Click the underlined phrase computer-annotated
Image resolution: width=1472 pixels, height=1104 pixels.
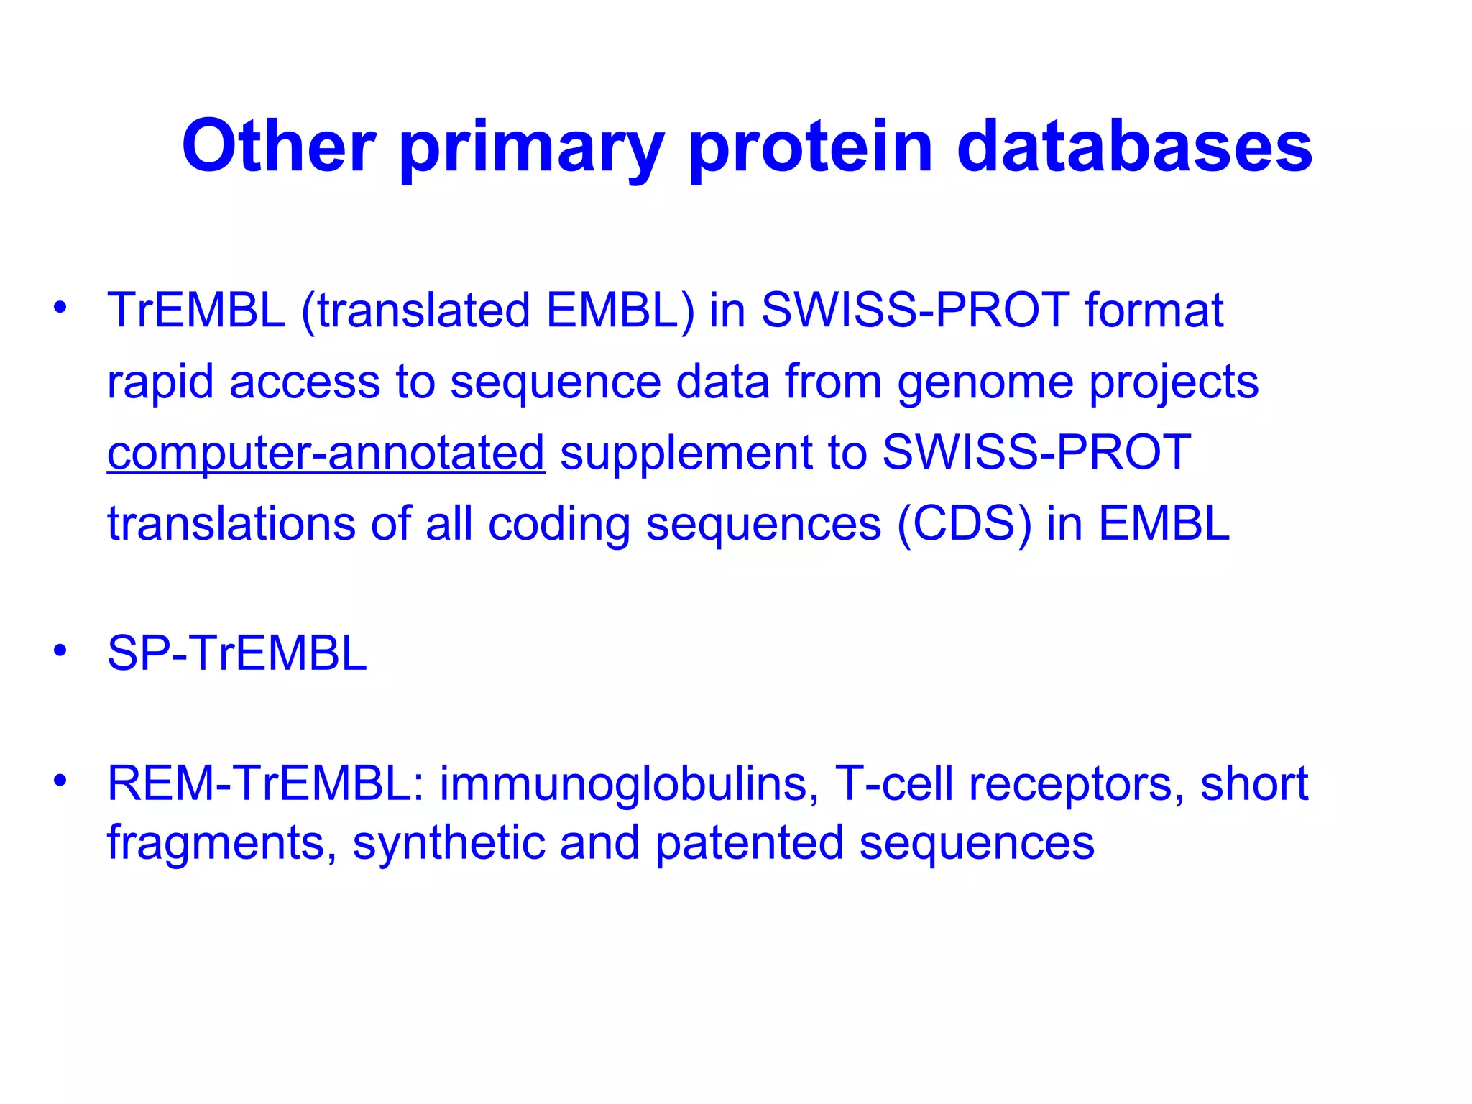pos(326,453)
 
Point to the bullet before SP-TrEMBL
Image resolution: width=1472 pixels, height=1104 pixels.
pos(60,650)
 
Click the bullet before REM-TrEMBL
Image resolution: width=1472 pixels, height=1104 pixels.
pos(60,780)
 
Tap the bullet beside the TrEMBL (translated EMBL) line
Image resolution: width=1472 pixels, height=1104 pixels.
pos(60,307)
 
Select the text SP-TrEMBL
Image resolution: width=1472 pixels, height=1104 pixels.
pos(236,653)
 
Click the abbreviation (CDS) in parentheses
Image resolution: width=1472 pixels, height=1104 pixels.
pos(963,523)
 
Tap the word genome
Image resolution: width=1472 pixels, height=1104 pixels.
pos(985,382)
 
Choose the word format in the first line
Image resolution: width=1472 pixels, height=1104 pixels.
pos(1154,310)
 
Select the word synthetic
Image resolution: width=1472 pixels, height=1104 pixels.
pos(448,842)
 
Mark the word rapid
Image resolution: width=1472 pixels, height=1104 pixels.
pos(160,382)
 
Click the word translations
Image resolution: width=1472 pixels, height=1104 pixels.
pos(231,523)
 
